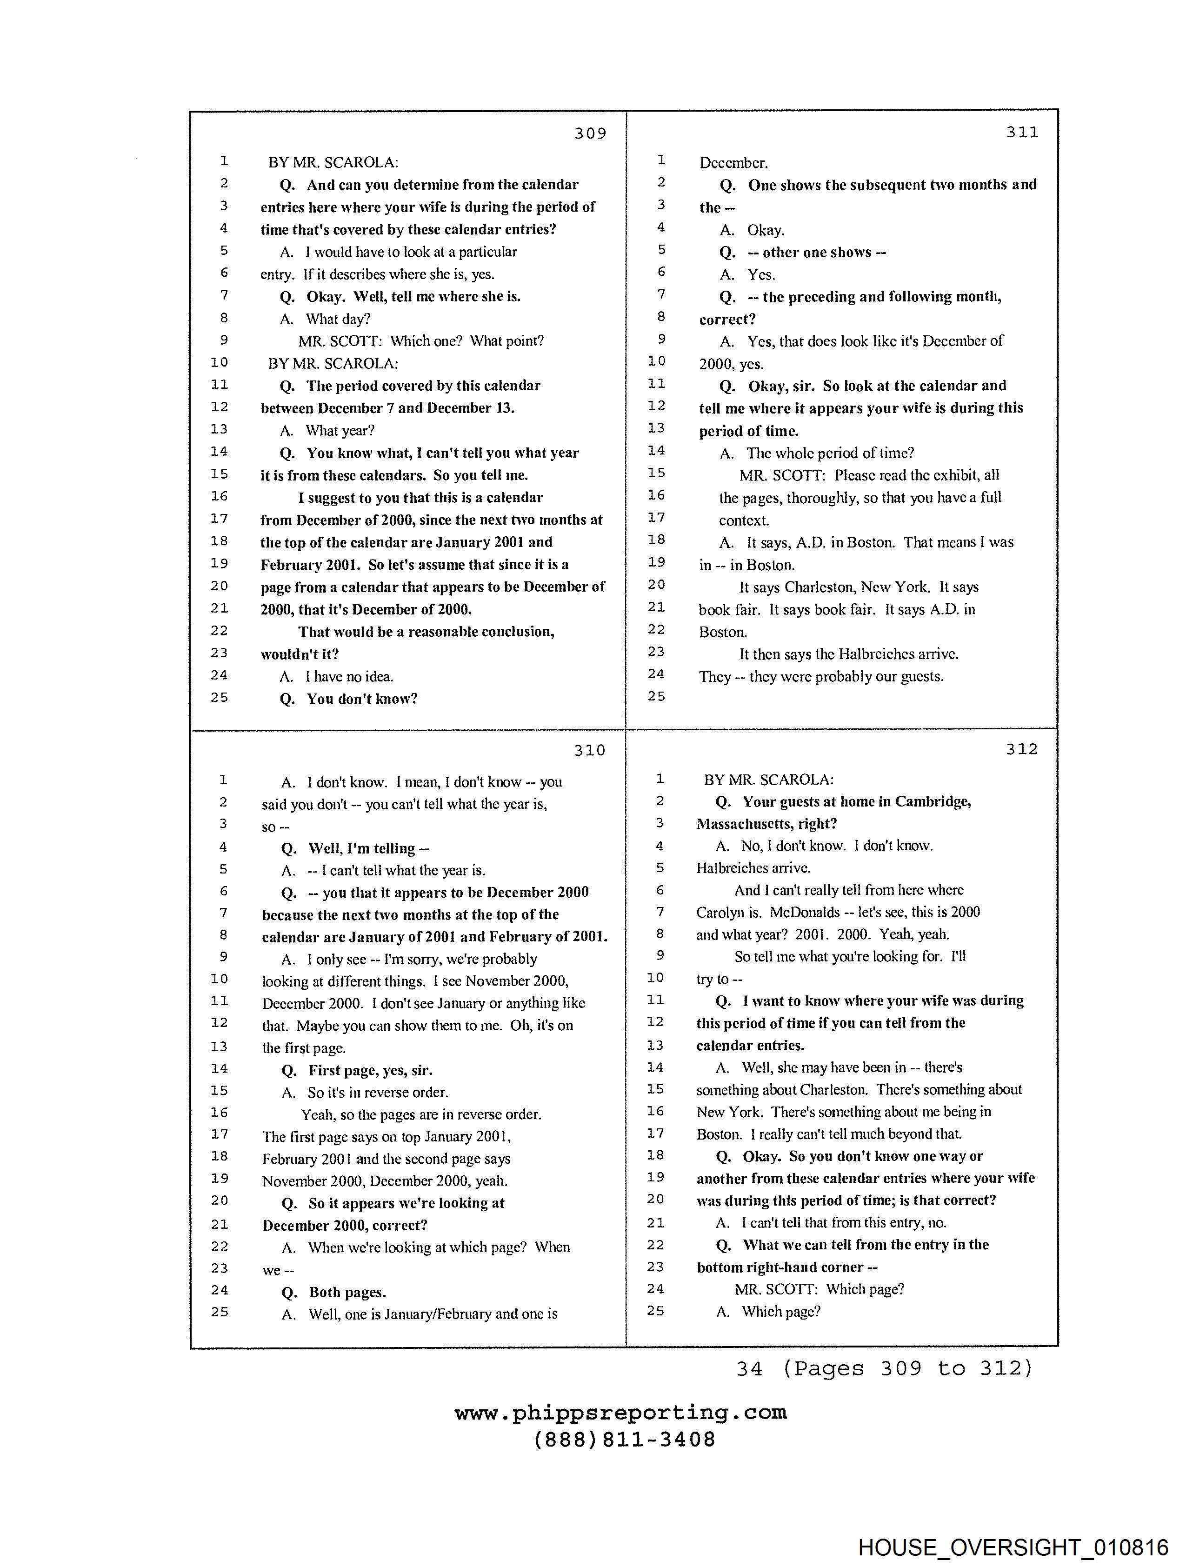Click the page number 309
tap(590, 133)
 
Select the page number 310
tap(589, 750)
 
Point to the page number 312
tap(1021, 749)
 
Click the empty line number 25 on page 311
tap(657, 696)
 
